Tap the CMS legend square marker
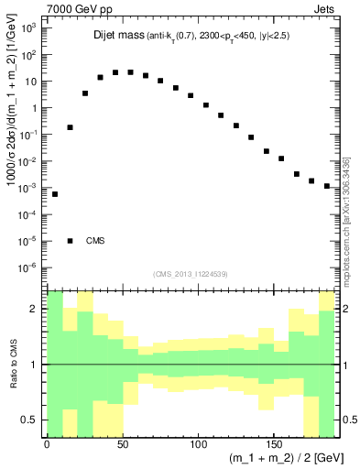[x=70, y=241]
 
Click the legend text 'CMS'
[x=95, y=242]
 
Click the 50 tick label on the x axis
[x=122, y=445]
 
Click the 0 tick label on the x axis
[x=47, y=445]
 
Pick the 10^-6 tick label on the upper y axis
[x=27, y=268]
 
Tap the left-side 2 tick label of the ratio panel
[x=33, y=310]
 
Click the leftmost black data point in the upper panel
[x=55, y=194]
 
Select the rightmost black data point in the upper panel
[x=327, y=186]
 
